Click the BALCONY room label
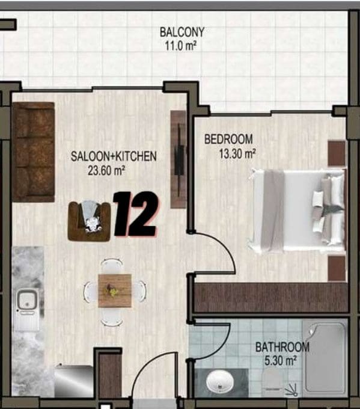pos(182,32)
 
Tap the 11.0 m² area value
pos(180,46)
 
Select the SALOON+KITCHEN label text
pos(114,156)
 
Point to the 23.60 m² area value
pos(106,171)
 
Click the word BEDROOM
pos(228,139)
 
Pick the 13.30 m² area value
pos(237,153)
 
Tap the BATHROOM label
pos(282,348)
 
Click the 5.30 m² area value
pos(281,361)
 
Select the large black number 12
pos(135,214)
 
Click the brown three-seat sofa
pos(34,152)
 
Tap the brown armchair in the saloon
pos(89,221)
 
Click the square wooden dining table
pos(115,291)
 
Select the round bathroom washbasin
pos(220,381)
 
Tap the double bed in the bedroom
pos(297,211)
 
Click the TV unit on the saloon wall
pos(178,159)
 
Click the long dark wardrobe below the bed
pos(272,297)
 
